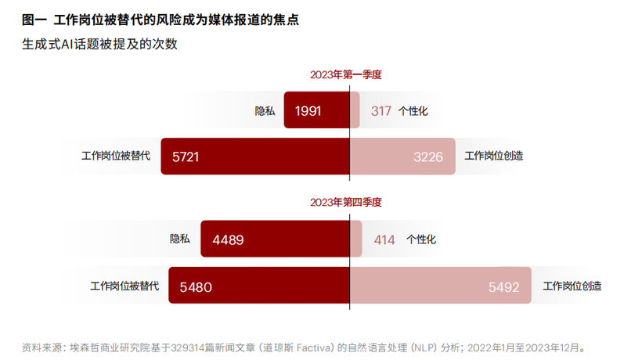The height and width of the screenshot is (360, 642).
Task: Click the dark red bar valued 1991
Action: click(316, 111)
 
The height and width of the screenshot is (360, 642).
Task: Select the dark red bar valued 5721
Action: click(255, 157)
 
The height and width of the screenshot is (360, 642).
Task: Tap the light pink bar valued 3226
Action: click(402, 157)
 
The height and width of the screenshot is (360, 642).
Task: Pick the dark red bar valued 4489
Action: click(275, 239)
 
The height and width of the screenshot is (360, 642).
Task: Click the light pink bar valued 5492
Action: click(440, 286)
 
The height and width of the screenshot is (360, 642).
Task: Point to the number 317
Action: click(381, 111)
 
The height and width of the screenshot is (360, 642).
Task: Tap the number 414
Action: click(384, 239)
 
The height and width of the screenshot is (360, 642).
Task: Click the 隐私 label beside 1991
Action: click(265, 111)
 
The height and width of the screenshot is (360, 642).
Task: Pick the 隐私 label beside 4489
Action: click(180, 239)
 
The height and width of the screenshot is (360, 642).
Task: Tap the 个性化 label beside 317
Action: click(413, 111)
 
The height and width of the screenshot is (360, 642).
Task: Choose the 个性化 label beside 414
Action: click(421, 239)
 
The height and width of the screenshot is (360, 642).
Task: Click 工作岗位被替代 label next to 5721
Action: click(115, 157)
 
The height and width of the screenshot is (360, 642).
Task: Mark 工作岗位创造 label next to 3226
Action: click(494, 157)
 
